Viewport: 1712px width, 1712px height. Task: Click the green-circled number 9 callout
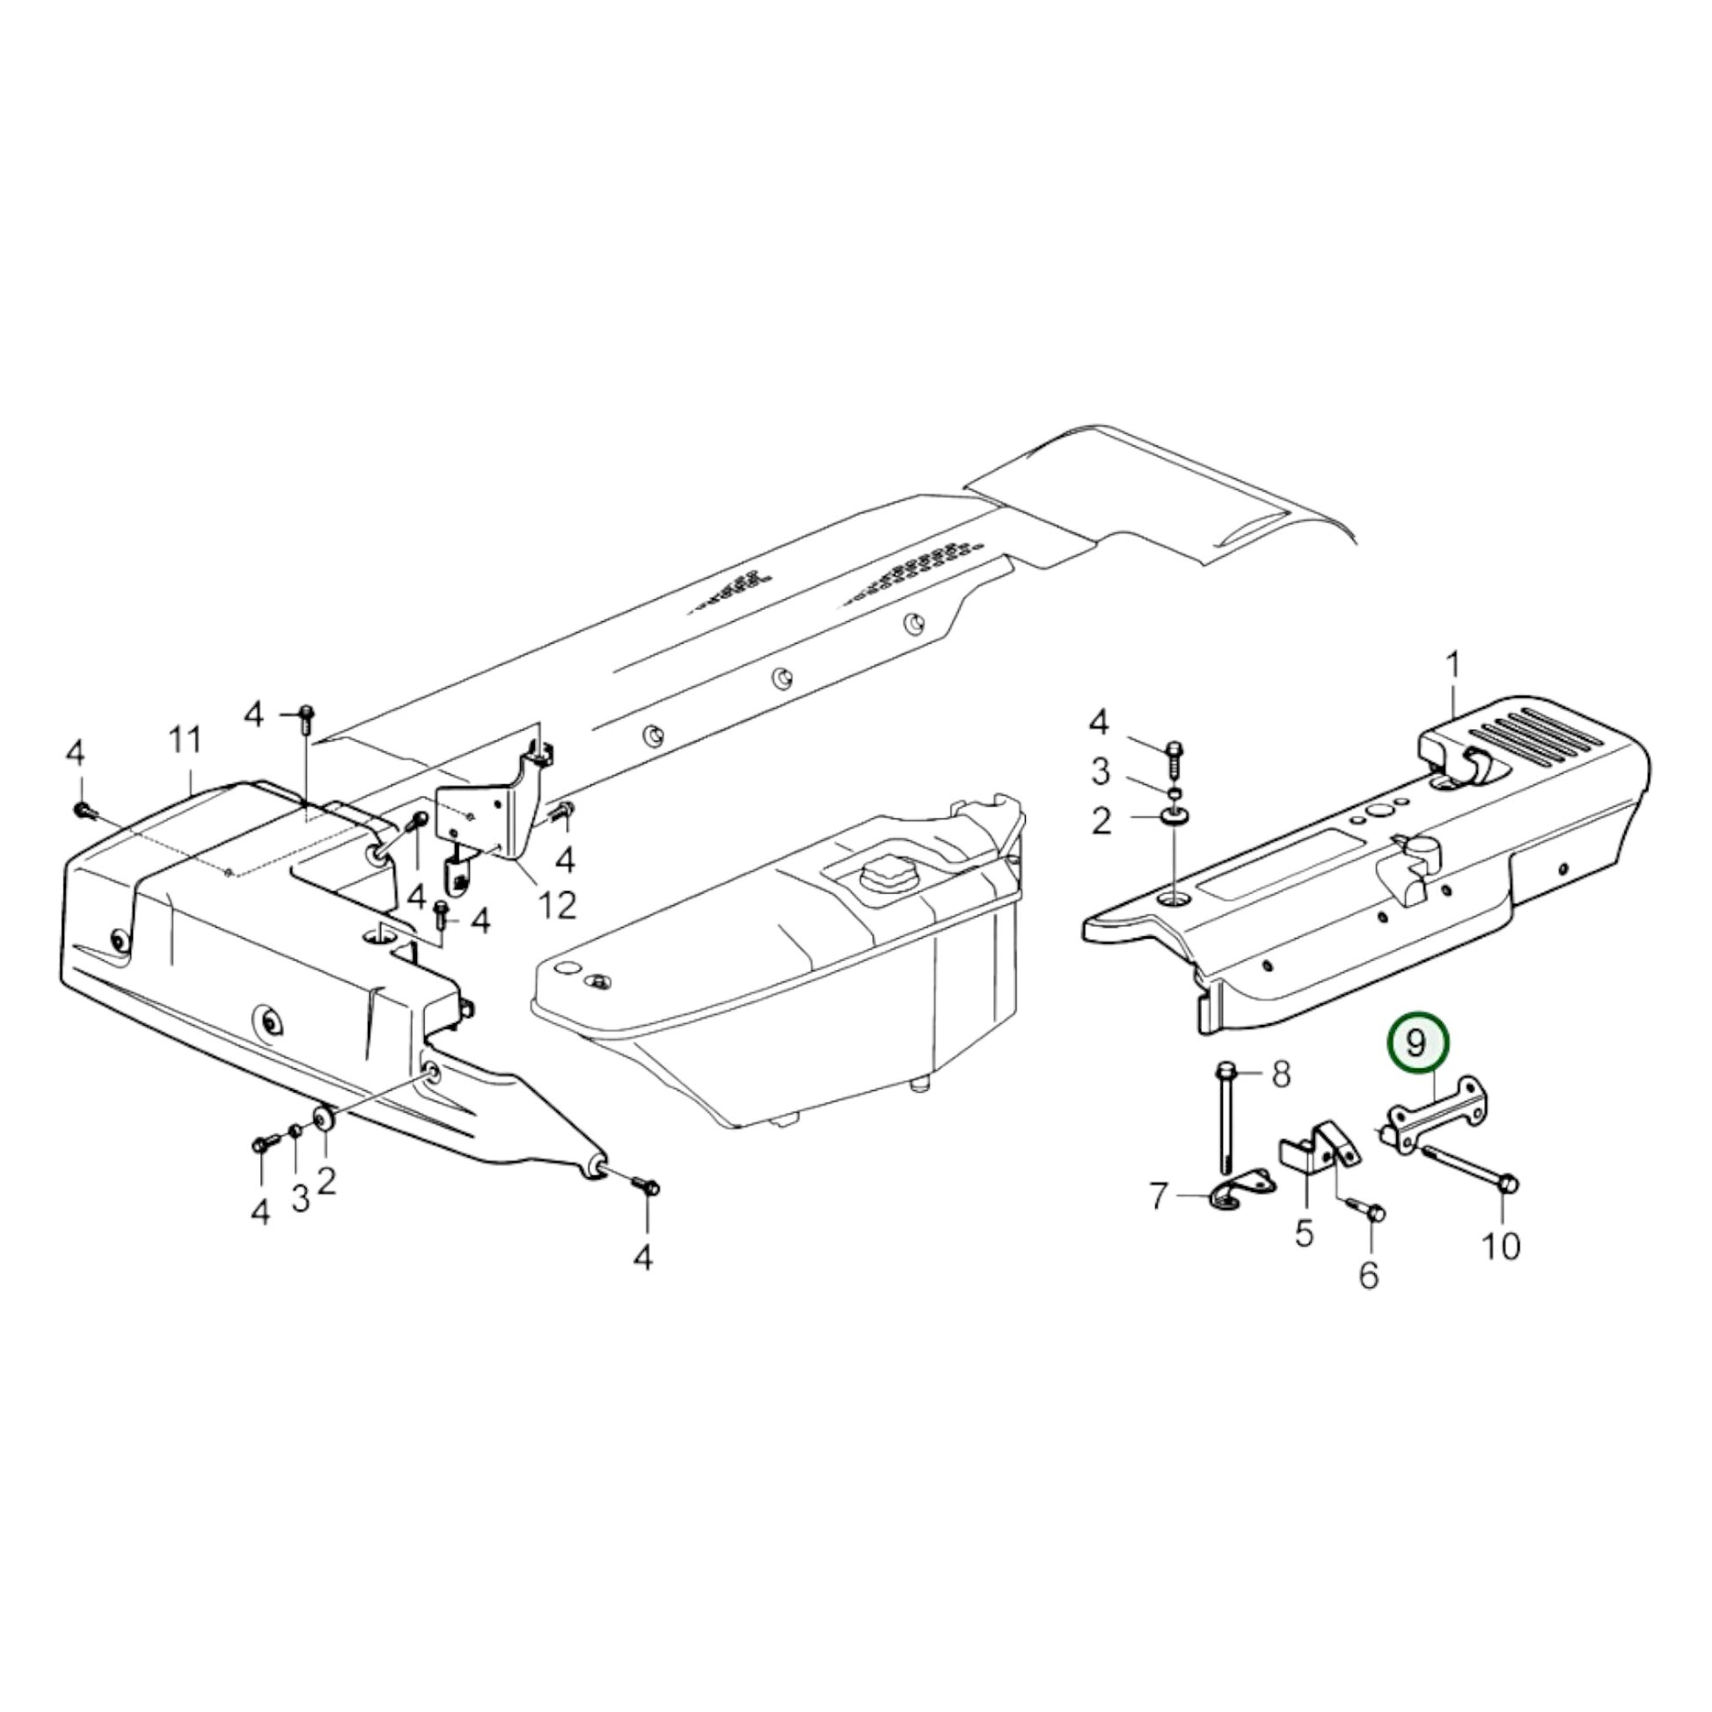tap(1416, 1044)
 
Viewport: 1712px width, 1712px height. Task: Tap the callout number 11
tap(186, 740)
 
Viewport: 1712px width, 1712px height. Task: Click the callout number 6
tap(1369, 1275)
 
